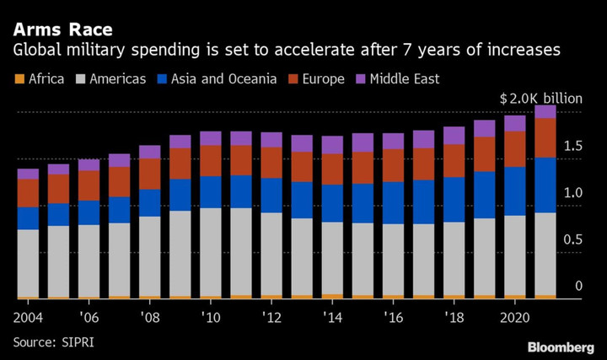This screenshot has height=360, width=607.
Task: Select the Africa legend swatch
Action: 19,80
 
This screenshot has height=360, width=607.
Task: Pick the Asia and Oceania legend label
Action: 223,79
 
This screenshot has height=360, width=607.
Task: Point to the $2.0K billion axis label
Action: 541,99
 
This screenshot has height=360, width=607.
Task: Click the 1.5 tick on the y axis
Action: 572,147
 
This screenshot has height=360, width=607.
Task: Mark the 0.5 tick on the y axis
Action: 572,240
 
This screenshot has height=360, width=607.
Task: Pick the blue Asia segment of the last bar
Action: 545,185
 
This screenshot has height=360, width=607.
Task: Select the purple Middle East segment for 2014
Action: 332,144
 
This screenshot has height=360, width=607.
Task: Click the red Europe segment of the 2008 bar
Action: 150,174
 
